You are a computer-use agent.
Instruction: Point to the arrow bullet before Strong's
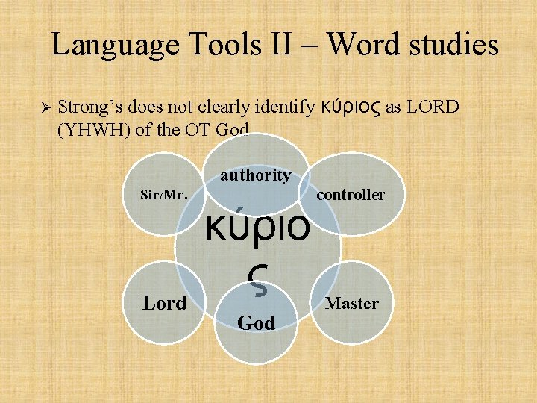(43, 108)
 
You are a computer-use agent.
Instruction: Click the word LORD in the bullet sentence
(433, 108)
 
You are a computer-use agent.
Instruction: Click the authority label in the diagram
(255, 175)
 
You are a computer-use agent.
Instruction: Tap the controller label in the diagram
(351, 195)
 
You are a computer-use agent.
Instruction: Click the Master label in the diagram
(351, 303)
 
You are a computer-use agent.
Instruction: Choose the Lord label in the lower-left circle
(165, 303)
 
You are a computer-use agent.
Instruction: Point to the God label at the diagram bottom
(256, 322)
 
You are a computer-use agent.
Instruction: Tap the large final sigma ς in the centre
(255, 278)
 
